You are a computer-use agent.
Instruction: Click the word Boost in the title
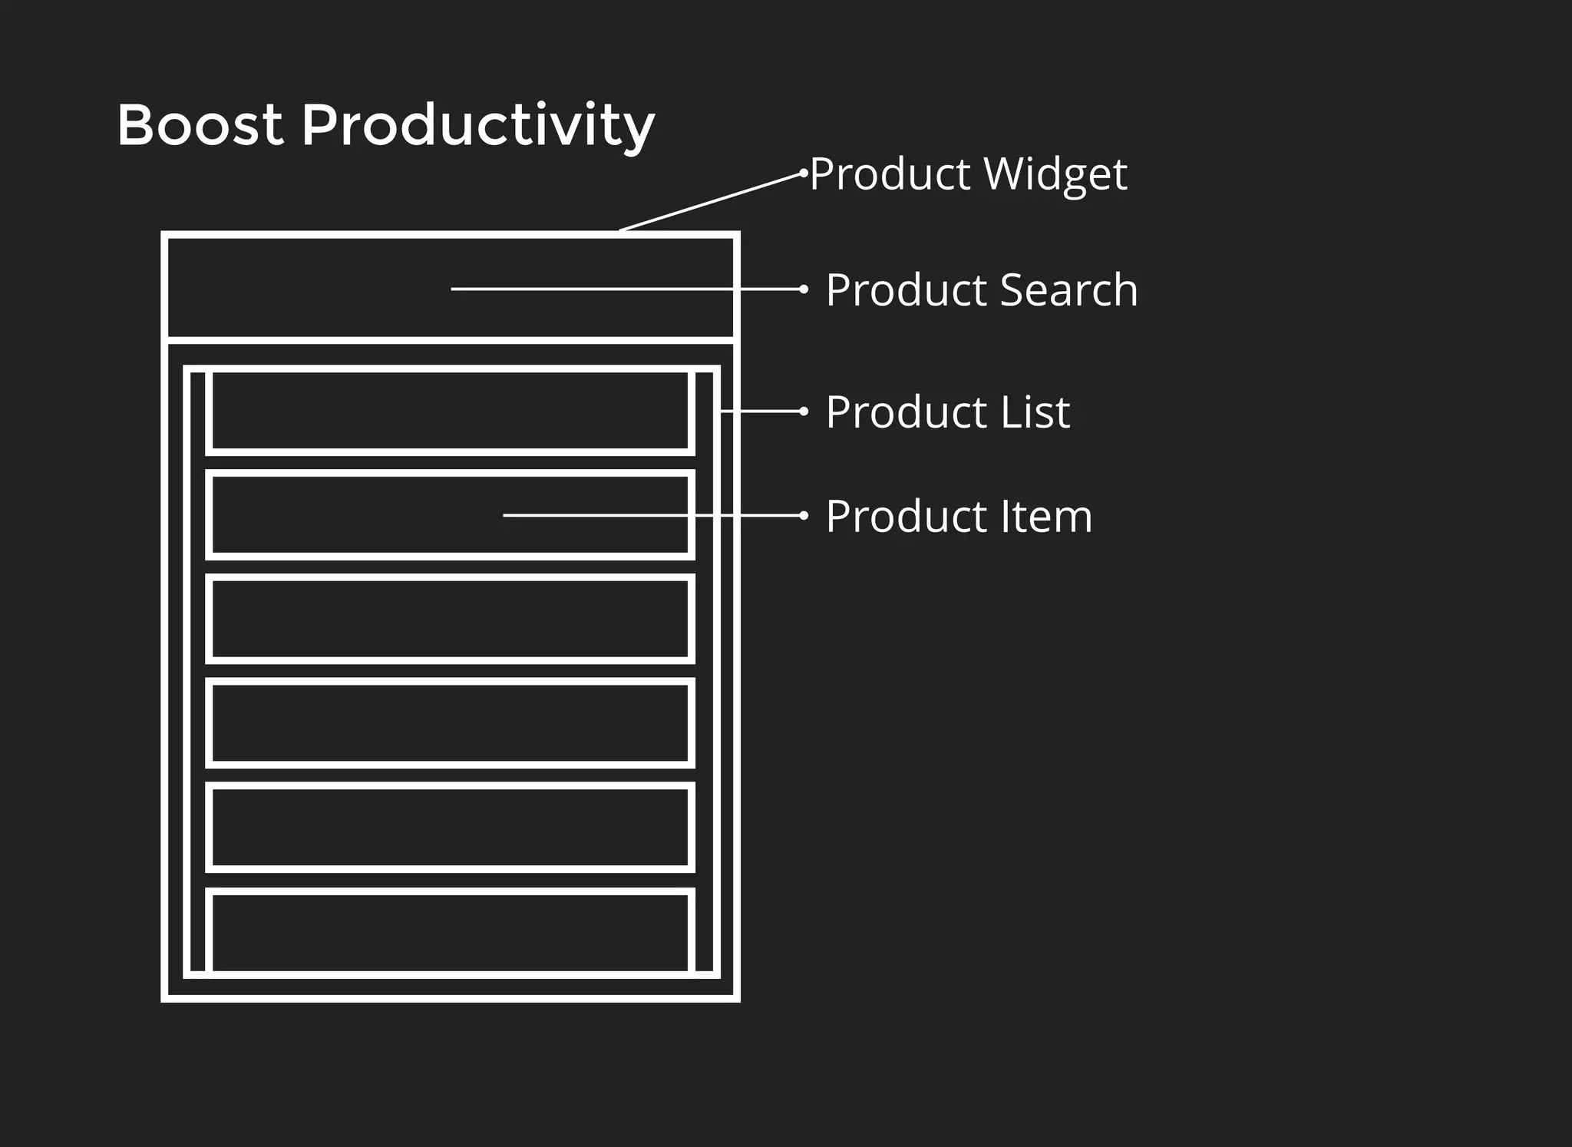click(200, 124)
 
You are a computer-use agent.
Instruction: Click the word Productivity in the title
click(477, 126)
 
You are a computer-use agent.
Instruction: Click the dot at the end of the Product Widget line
click(804, 173)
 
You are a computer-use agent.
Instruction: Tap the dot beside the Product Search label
click(804, 289)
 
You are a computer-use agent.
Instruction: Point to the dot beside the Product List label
click(804, 412)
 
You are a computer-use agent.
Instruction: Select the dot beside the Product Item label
click(804, 515)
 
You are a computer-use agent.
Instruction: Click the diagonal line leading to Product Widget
click(710, 202)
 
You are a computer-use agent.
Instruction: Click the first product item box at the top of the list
click(450, 412)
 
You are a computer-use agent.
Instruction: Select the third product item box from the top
click(450, 619)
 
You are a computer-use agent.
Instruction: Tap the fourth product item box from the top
click(450, 722)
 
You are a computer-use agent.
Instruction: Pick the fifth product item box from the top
click(450, 827)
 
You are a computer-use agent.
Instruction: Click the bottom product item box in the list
click(450, 931)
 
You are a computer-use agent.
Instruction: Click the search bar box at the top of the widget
click(307, 289)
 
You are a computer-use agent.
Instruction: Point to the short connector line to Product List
click(760, 412)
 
